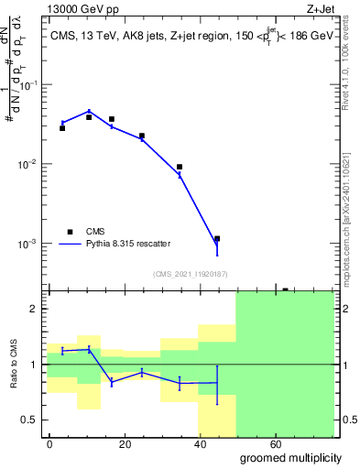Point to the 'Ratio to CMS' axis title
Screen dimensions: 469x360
tap(13, 364)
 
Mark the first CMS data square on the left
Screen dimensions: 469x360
tap(62, 128)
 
